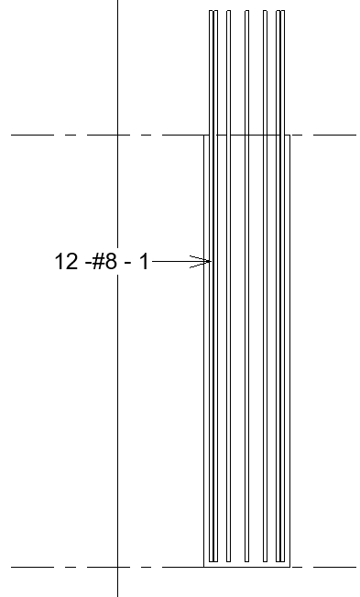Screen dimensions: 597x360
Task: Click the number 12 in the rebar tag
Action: pos(67,262)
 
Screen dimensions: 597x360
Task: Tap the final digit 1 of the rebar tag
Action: pos(143,262)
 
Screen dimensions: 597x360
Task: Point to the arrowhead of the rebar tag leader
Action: pos(208,263)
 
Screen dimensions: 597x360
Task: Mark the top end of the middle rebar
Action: pos(246,11)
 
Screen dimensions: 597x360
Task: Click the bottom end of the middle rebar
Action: pos(246,560)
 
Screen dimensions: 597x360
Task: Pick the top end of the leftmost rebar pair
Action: pos(213,11)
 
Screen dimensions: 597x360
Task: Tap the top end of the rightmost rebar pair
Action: pos(280,11)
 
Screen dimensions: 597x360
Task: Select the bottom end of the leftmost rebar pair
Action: pos(213,560)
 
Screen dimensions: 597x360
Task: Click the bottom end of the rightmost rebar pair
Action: pos(280,560)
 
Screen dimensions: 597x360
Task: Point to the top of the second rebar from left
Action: pos(229,11)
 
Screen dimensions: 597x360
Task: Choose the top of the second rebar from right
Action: pos(265,11)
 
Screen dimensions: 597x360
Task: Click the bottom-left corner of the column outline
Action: pos(203,567)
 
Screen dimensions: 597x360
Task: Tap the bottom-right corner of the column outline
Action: pos(290,567)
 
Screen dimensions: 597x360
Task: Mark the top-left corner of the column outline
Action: pos(203,136)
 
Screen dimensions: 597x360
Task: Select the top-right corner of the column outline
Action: pos(290,136)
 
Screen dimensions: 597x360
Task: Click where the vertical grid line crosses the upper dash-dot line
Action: pos(118,136)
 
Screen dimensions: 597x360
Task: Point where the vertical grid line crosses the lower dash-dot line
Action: pos(118,568)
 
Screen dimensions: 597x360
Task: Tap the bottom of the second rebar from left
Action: pos(229,560)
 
